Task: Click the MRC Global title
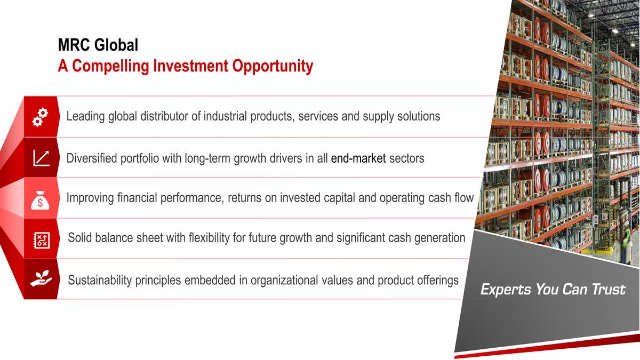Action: point(98,45)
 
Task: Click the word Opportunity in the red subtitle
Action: point(273,66)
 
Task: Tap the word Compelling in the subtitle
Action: point(110,66)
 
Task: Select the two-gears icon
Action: point(40,117)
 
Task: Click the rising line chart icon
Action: point(42,158)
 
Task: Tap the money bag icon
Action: point(40,201)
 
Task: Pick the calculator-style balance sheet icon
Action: point(42,240)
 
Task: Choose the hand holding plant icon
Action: point(41,278)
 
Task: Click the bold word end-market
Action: point(358,158)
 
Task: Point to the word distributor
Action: point(164,116)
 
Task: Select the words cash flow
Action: point(451,197)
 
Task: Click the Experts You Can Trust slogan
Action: point(553,289)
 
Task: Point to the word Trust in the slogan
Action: point(609,289)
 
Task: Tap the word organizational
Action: point(284,281)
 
